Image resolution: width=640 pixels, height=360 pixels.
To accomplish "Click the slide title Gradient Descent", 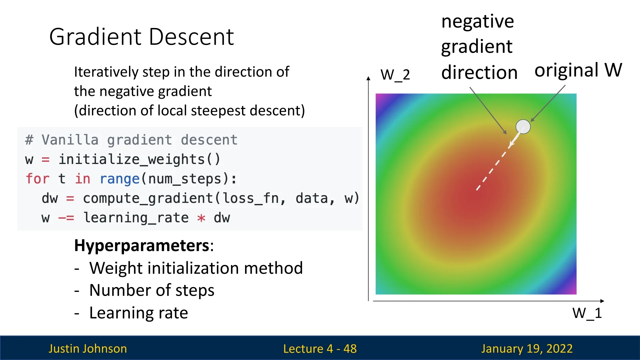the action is point(141,37).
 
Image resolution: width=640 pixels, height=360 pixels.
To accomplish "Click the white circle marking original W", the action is point(523,127).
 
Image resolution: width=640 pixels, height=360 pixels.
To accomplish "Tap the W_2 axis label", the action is point(395,74).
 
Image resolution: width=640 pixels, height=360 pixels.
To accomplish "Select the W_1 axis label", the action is point(587,313).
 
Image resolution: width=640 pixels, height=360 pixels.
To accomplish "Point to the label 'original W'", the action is point(578,70).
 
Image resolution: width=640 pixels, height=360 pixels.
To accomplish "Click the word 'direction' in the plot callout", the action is point(479,72).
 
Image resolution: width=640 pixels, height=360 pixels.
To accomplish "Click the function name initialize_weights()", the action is point(140,159).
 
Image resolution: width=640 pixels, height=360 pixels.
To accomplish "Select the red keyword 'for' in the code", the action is point(38,179).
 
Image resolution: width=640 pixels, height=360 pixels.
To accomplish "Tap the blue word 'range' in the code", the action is point(120,179).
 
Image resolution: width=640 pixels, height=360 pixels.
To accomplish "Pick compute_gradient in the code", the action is point(148,199).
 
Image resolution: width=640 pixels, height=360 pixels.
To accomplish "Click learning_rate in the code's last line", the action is point(136,218).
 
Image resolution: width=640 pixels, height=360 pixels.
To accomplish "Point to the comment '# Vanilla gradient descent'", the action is point(131,140).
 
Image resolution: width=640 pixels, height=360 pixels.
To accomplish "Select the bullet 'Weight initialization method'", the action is point(196,268).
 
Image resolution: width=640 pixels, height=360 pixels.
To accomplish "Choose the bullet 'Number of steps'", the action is point(152,290).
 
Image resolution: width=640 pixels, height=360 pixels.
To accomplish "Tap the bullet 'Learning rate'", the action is point(139,313).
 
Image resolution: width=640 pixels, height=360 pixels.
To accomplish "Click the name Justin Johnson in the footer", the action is point(88,349).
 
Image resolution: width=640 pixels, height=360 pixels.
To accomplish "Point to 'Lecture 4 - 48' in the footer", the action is point(320,349).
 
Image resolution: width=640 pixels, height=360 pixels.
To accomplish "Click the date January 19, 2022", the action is point(527,349).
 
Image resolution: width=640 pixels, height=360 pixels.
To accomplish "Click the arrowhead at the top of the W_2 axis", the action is point(368,78).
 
